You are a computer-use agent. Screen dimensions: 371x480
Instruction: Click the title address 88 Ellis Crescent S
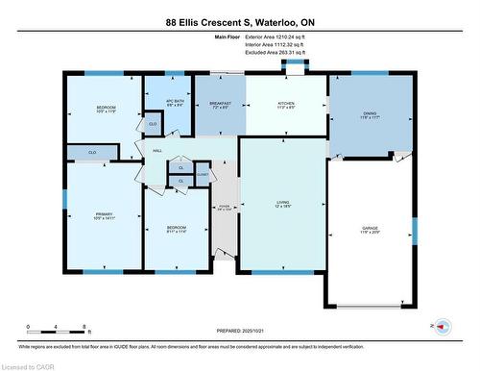click(240, 21)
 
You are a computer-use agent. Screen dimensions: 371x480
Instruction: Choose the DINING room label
click(370, 114)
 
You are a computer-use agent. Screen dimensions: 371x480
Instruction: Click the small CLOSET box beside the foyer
click(203, 174)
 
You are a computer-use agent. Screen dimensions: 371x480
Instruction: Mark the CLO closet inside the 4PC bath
click(153, 124)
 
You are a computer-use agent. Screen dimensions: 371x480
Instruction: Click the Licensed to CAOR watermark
click(29, 365)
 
